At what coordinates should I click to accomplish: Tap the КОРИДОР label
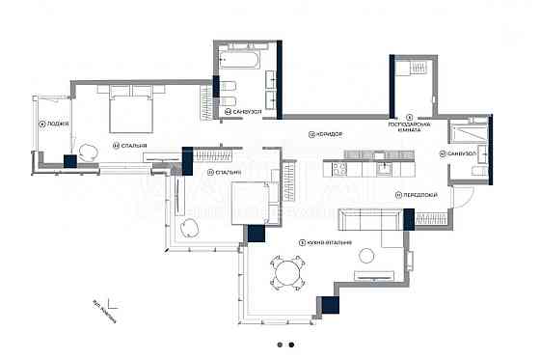pyautogui.click(x=329, y=132)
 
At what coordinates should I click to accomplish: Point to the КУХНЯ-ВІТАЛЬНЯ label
pyautogui.click(x=327, y=242)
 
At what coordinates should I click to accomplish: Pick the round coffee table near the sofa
pyautogui.click(x=366, y=256)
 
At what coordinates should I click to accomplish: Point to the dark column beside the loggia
pyautogui.click(x=70, y=162)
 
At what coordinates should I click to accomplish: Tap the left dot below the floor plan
pyautogui.click(x=279, y=344)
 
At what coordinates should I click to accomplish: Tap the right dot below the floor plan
pyautogui.click(x=291, y=344)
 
